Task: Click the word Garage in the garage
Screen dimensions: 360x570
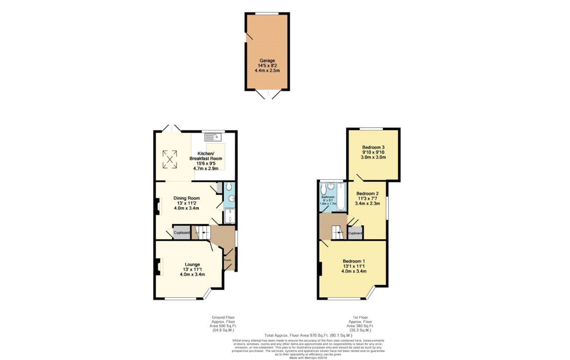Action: point(268,60)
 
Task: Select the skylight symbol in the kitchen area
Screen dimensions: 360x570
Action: point(169,160)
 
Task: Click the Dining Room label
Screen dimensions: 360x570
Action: point(186,198)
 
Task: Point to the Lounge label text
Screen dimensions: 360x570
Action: point(192,264)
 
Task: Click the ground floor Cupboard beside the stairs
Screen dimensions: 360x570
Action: point(182,233)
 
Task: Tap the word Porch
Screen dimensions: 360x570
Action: point(227,260)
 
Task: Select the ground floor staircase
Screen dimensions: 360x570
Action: point(204,232)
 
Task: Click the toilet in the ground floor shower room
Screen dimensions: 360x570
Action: point(229,187)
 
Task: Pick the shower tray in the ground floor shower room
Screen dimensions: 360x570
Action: point(230,216)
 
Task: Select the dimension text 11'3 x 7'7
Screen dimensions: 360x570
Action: point(367,198)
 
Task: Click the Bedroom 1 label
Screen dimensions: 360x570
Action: point(354,261)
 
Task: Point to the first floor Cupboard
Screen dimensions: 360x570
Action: point(355,233)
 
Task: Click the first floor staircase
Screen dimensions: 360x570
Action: point(337,231)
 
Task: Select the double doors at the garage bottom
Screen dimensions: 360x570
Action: point(268,94)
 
